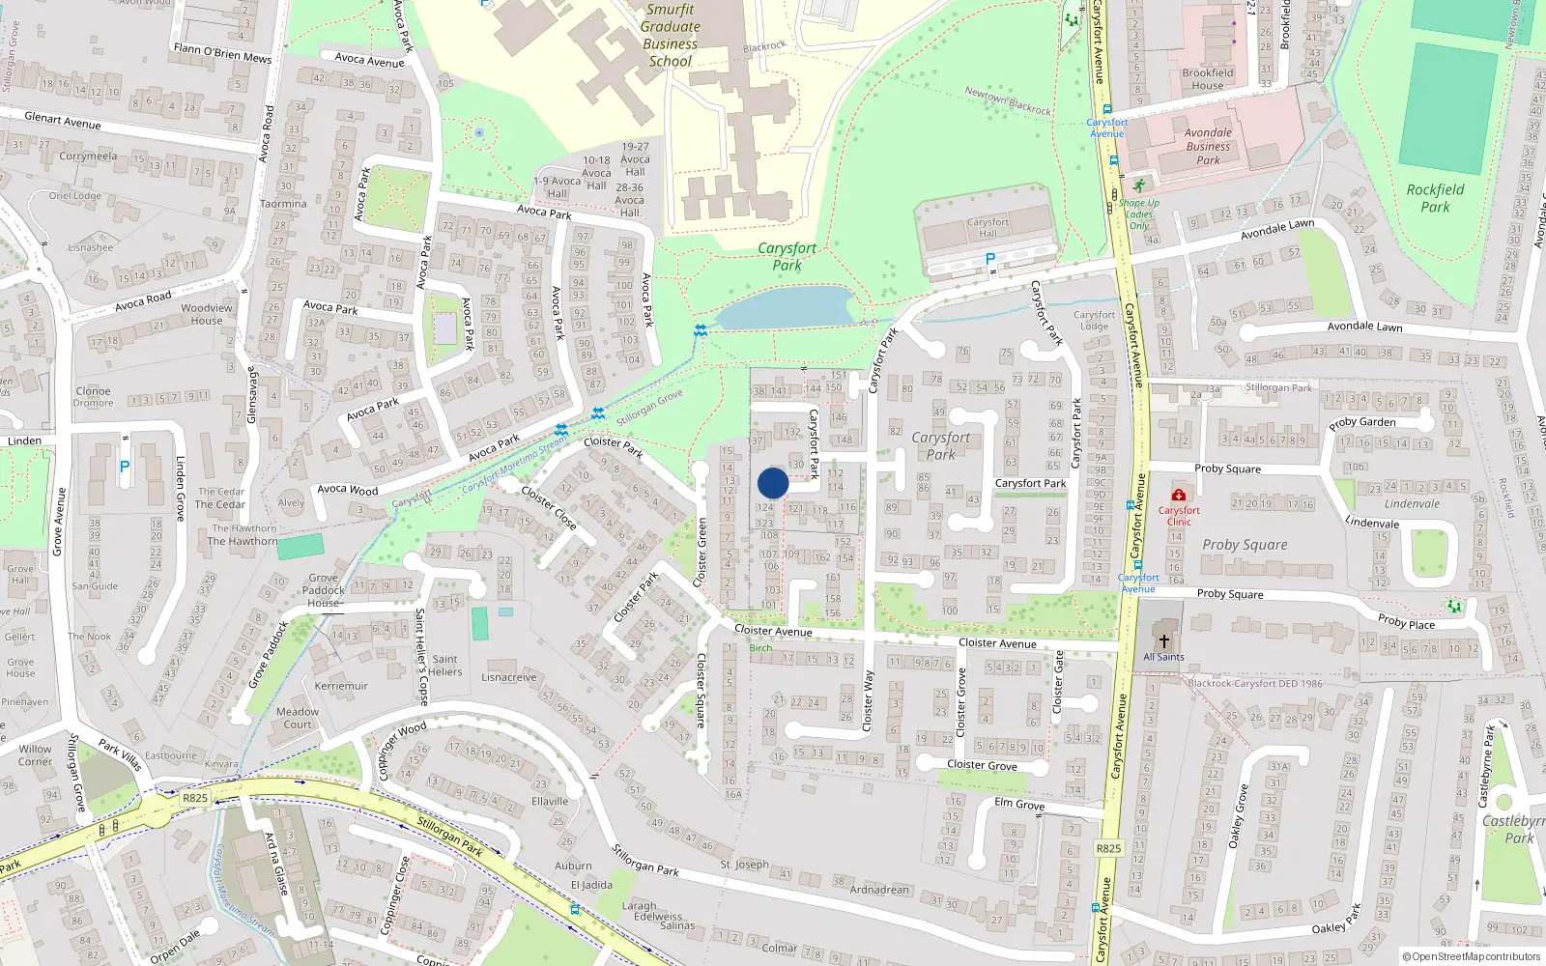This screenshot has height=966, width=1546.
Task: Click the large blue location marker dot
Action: (x=773, y=483)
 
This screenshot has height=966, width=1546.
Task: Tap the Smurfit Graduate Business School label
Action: (x=670, y=36)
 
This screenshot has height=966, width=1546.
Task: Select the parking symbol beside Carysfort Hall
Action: (x=989, y=260)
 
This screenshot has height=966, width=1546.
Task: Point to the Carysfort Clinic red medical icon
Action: (x=1179, y=495)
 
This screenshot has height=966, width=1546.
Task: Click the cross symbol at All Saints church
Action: (x=1163, y=641)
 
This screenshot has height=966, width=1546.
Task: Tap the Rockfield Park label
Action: (x=1435, y=198)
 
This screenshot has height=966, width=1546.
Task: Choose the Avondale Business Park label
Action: (x=1208, y=147)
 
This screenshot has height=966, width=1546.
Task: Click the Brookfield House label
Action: (x=1208, y=79)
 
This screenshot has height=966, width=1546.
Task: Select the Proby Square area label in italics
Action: (x=1245, y=545)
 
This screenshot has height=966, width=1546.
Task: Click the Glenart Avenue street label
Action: (x=63, y=121)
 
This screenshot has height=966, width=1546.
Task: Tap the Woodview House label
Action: (x=207, y=314)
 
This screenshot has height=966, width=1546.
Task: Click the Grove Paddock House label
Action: (x=324, y=590)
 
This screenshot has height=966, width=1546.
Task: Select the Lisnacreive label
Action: (x=508, y=677)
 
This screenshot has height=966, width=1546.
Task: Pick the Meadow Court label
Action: (x=298, y=718)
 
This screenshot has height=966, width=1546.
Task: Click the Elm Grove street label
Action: (x=1019, y=804)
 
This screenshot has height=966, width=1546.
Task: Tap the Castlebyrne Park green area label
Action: (x=1515, y=829)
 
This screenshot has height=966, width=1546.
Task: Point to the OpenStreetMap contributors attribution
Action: (x=1472, y=957)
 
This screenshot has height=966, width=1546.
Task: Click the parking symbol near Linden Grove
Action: (x=124, y=467)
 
